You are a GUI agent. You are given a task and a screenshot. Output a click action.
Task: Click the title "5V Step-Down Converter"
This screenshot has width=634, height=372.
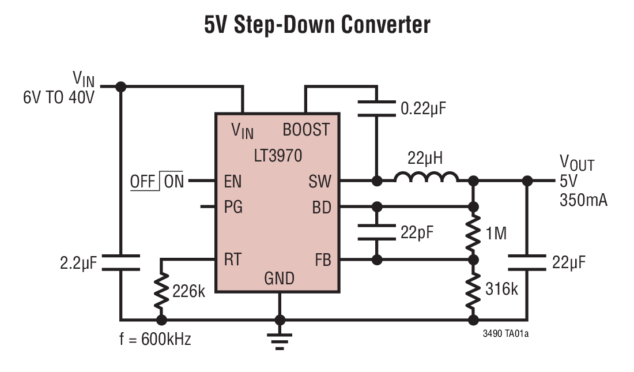317,25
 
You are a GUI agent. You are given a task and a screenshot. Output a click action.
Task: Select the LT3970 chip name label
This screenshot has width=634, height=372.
278,156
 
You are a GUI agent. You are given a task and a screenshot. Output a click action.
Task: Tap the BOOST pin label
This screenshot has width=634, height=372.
306,129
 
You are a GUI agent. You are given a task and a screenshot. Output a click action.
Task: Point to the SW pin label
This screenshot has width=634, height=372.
320,182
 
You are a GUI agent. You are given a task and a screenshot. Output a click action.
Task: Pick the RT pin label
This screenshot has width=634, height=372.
233,260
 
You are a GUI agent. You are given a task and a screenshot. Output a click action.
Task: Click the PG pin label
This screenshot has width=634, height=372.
233,207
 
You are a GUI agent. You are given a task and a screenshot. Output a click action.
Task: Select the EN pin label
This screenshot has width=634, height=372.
233,182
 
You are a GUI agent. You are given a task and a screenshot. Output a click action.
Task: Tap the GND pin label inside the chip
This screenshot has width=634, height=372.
280,279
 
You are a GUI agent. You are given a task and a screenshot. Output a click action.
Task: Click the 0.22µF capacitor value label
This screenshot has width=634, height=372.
424,108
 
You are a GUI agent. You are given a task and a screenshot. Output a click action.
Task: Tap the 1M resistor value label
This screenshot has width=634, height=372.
496,234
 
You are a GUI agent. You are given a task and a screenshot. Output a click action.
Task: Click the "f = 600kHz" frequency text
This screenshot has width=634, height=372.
155,339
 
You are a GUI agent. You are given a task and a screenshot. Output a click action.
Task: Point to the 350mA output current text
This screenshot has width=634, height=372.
583,201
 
